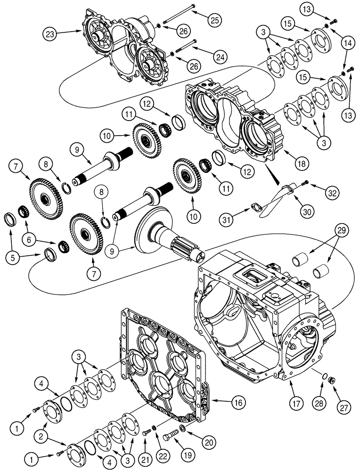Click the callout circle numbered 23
(50, 33)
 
